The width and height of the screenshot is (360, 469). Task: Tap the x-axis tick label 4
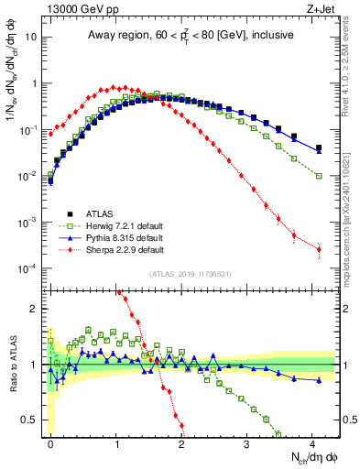(x=312, y=442)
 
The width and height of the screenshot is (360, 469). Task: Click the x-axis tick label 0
(x=50, y=442)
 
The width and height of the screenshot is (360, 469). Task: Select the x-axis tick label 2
(x=181, y=442)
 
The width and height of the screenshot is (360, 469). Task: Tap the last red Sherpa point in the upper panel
(x=319, y=249)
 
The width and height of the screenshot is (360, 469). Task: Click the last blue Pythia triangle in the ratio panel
(x=319, y=379)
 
